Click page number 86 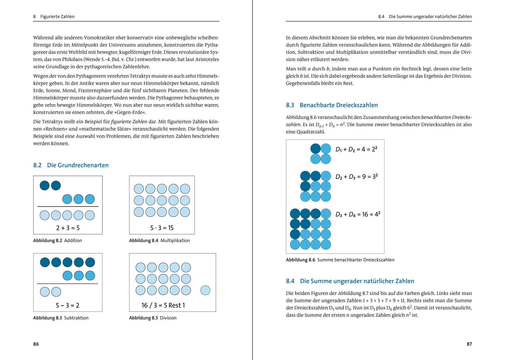tap(36, 344)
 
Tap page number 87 tap(469, 344)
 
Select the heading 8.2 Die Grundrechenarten tap(71, 165)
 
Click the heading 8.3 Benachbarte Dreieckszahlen tap(332, 105)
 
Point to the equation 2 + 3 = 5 tap(68, 228)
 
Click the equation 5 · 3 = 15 tap(162, 228)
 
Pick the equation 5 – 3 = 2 tap(68, 305)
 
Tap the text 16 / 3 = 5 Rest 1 tap(163, 305)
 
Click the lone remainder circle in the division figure tap(205, 290)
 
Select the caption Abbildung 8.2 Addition tap(57, 241)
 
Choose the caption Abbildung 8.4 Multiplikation tap(159, 241)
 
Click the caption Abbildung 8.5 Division tap(153, 318)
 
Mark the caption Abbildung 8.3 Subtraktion tap(61, 318)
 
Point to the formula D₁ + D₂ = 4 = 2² tap(356, 149)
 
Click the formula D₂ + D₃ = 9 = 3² tap(357, 177)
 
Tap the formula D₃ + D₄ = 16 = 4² tap(358, 214)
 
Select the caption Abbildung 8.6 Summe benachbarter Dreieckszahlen tap(340, 260)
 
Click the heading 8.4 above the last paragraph tap(350, 281)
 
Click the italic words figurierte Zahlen tap(129, 122)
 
